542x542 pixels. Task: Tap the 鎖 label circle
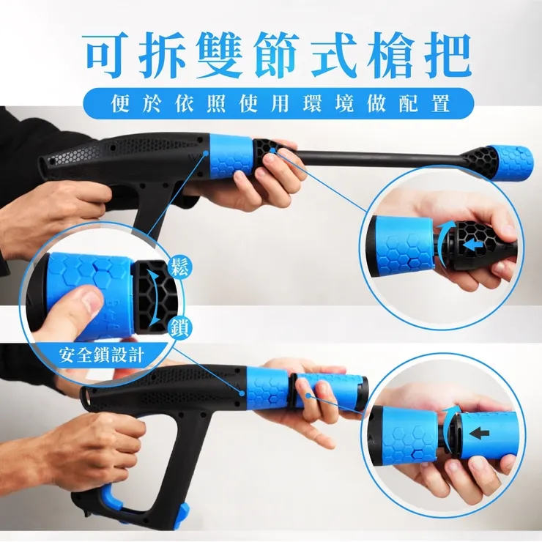[x=179, y=327]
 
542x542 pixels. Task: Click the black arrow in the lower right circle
[x=480, y=433]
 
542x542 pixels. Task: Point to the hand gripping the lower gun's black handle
[x=103, y=443]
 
